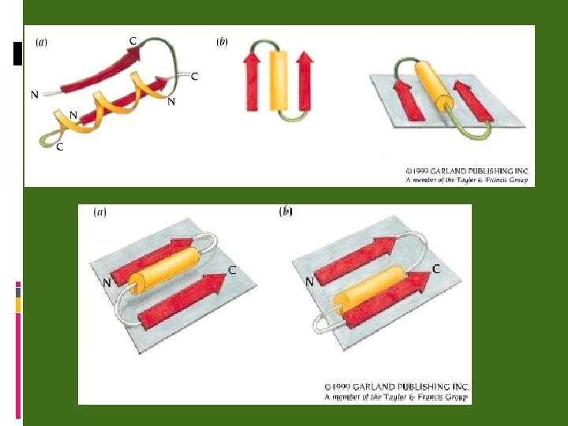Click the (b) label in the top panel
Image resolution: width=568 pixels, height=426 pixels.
coord(222,41)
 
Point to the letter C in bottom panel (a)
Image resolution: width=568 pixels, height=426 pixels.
coord(232,270)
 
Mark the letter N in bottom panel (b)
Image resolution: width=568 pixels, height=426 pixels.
coord(309,281)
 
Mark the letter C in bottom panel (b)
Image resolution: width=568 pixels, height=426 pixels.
coord(435,268)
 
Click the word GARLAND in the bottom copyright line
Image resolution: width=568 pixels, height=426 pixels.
coord(385,387)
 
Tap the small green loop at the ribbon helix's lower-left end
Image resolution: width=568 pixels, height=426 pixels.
coord(48,140)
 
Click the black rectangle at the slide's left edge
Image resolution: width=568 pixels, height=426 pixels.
coord(18,53)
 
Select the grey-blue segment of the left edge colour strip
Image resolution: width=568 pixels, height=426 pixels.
coord(17,292)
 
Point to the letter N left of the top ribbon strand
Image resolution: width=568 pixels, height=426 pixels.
coord(34,95)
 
